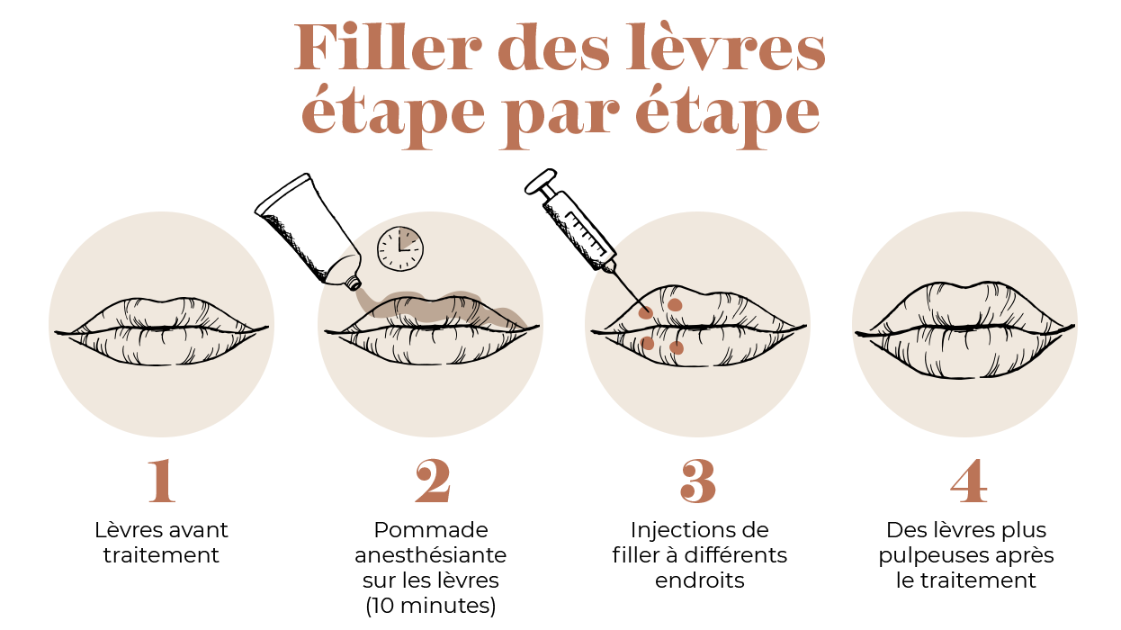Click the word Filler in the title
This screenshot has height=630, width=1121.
point(388,47)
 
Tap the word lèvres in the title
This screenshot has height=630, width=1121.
point(725,47)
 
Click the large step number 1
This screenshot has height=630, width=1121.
point(162,481)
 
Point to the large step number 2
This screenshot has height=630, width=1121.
point(433,481)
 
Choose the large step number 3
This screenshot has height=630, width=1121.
point(698,481)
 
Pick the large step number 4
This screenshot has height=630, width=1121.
point(969,481)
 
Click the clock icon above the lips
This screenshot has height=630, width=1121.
point(399,249)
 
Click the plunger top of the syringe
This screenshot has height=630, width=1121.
point(541,181)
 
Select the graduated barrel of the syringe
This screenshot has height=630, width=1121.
point(580,230)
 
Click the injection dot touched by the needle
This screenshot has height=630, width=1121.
point(646,313)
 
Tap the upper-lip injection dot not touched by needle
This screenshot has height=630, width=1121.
point(675,304)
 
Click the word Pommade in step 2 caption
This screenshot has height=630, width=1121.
point(431,530)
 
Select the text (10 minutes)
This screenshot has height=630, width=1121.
point(431,606)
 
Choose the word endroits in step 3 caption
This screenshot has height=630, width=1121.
point(700,580)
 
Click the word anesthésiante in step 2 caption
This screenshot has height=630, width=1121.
point(431,555)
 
